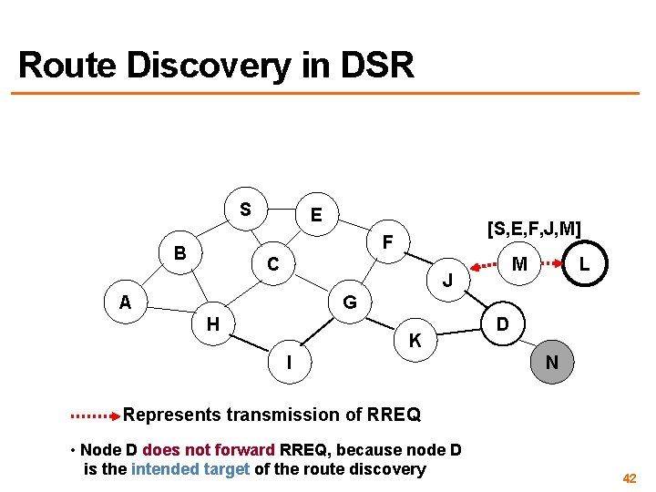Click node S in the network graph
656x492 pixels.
[245, 209]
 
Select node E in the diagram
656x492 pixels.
[315, 216]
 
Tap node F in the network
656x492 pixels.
[387, 243]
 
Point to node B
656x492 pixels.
[180, 253]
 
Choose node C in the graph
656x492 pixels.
[272, 264]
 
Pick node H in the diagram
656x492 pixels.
[212, 323]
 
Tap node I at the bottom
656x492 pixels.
[289, 362]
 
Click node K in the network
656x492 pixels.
[415, 342]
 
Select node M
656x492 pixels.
[519, 264]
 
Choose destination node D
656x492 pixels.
[502, 323]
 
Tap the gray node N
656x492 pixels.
[552, 362]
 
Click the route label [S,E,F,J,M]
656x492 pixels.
[533, 228]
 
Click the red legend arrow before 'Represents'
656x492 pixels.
[95, 415]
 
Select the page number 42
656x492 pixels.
[629, 478]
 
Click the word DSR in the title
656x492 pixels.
[378, 66]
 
